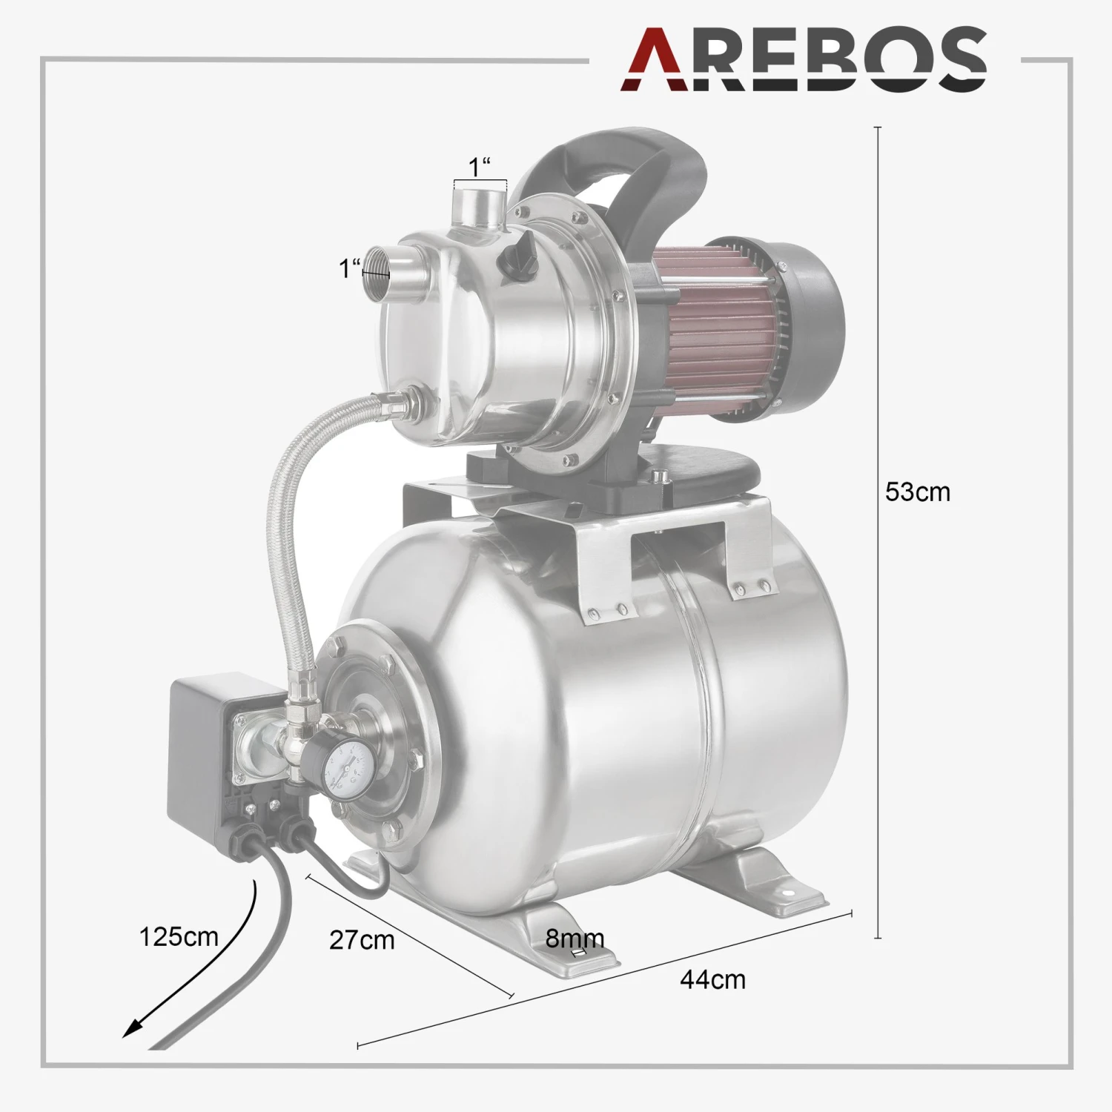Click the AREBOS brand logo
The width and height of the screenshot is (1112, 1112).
(804, 59)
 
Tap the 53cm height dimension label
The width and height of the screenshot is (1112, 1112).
(918, 492)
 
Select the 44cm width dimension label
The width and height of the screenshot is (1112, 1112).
(712, 979)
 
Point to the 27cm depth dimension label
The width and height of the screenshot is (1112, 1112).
(362, 940)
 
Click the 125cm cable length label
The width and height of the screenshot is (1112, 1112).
(179, 936)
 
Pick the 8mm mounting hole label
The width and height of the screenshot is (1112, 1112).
(575, 939)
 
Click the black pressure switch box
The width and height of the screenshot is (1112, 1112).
(215, 749)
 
